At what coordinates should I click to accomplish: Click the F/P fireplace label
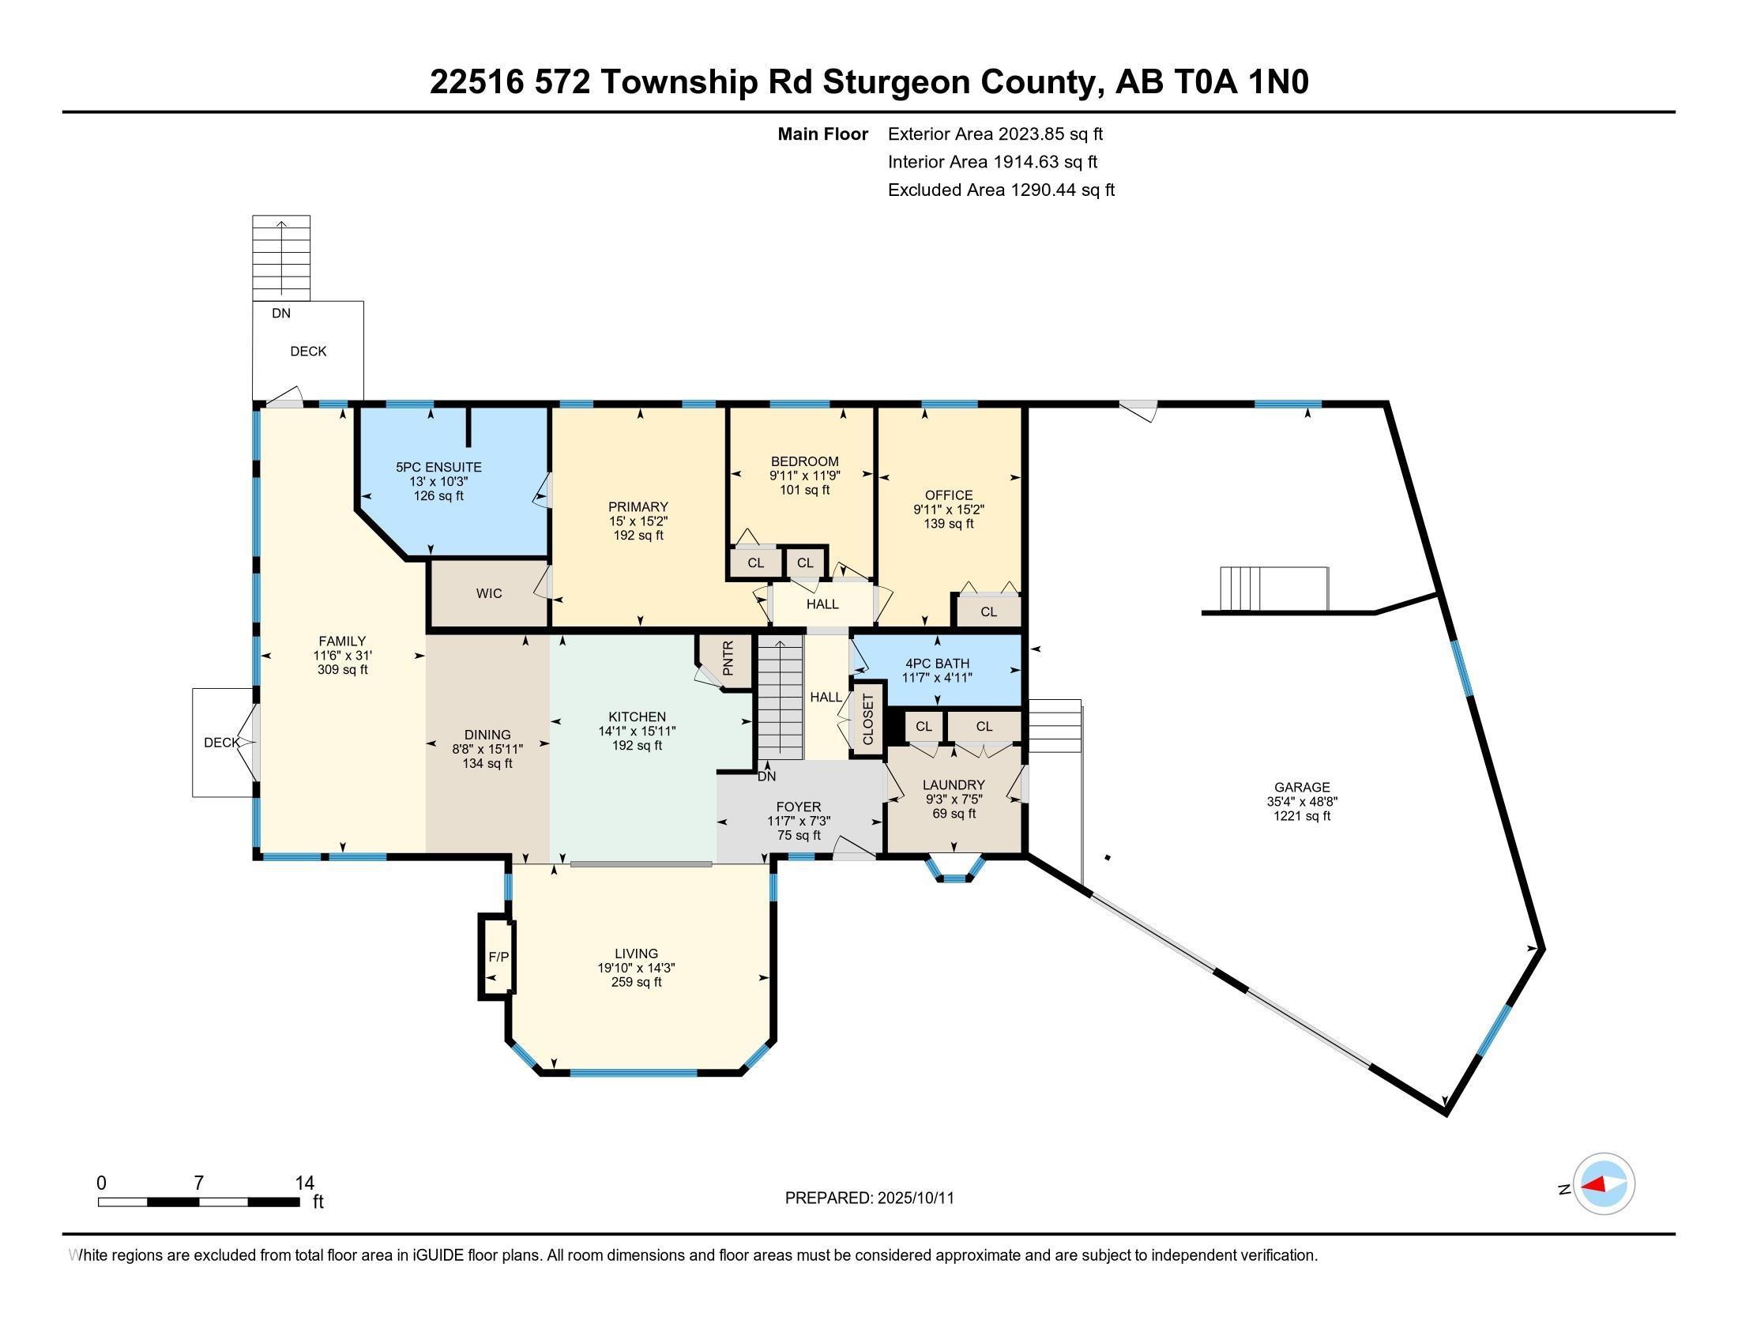498,957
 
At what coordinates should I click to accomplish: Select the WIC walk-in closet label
488,593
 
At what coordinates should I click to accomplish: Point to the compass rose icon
1604,1183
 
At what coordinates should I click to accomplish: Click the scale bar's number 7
199,1183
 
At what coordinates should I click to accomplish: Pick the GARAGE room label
1302,788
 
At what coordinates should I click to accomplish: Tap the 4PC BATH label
938,664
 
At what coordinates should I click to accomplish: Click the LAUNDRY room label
954,785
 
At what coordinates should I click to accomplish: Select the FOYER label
798,807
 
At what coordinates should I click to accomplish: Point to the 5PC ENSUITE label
438,467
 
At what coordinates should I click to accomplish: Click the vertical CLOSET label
868,719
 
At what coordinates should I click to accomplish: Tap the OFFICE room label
949,495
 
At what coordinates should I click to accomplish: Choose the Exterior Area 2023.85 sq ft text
995,134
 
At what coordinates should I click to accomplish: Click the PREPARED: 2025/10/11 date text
870,1198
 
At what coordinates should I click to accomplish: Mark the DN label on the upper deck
281,314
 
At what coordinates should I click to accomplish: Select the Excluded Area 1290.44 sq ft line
1001,190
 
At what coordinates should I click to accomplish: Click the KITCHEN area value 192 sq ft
637,746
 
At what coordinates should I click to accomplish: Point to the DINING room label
487,735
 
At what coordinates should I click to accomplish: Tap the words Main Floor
823,134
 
